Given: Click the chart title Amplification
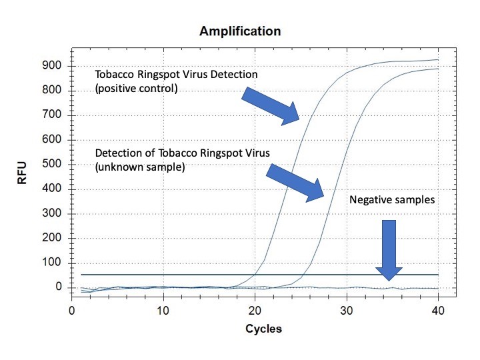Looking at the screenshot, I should pos(240,31).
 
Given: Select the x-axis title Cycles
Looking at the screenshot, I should pos(263,329).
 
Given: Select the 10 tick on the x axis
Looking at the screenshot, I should pos(163,311).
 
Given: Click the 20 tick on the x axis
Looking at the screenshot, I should pos(255,311).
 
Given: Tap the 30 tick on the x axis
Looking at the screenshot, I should pos(346,311).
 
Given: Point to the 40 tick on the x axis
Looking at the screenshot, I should pos(437,311).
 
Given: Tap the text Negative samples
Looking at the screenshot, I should pos(391,199).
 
